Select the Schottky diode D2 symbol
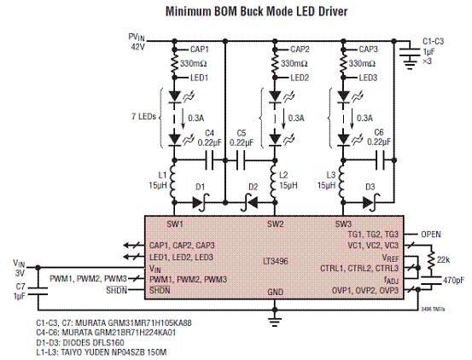coord(249,203)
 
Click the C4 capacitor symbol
coord(209,161)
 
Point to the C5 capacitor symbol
coord(241,161)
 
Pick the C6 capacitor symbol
coord(380,161)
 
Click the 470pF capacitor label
coord(454,281)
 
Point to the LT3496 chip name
coord(276,261)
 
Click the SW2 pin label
coord(275,224)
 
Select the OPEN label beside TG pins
coord(431,235)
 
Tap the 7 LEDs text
coord(144,117)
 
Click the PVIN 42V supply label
coord(137,42)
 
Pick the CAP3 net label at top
coord(368,49)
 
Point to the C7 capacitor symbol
coord(38,291)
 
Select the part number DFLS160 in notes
coord(108,343)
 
